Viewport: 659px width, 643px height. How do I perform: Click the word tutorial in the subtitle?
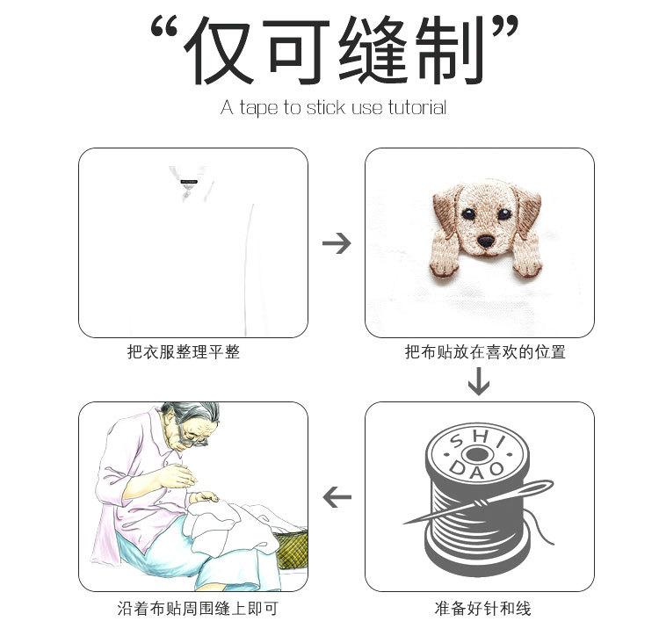416,108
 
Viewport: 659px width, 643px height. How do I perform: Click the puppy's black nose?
484,240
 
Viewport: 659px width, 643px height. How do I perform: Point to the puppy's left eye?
467,214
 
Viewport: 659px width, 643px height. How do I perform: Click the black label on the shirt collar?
189,182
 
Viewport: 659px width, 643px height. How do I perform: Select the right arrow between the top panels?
336,243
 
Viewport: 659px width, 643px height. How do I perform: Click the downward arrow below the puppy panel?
479,381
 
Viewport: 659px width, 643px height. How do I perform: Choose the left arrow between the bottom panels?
336,498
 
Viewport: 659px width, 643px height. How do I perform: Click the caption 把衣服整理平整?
183,352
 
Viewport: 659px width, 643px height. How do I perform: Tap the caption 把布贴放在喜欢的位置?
484,352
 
